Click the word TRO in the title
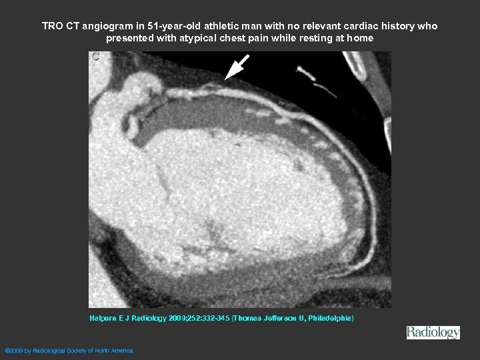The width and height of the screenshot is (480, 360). [x=53, y=26]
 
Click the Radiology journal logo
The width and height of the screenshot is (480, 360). [x=433, y=333]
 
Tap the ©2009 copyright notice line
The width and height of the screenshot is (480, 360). [x=69, y=350]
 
